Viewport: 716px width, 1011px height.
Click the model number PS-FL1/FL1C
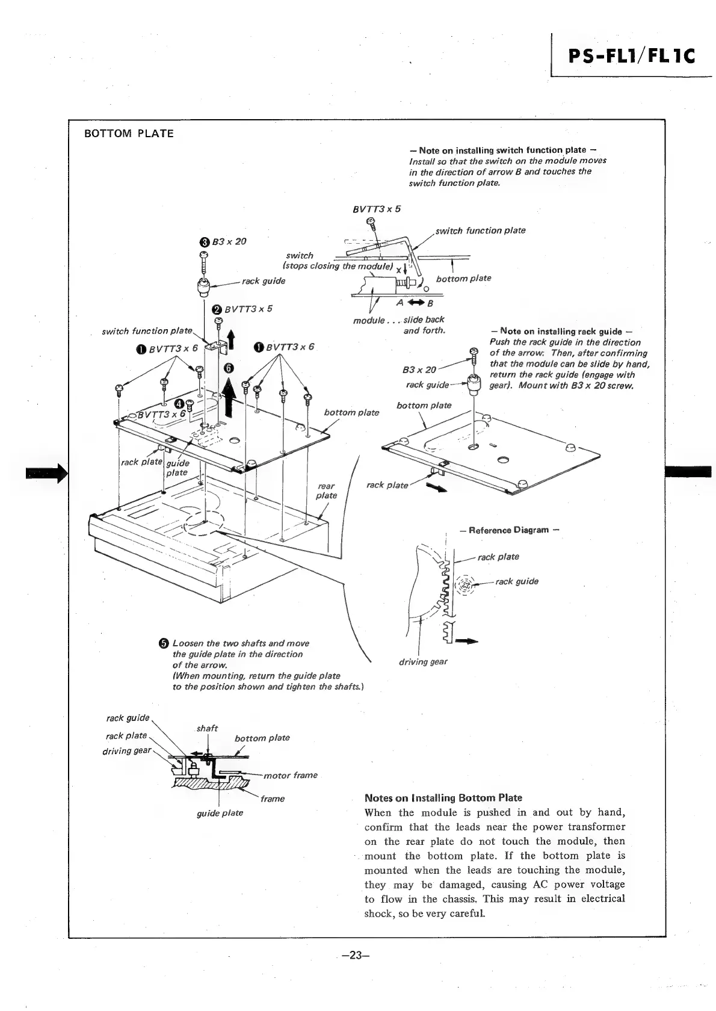(631, 56)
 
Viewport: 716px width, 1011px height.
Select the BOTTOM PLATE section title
(129, 134)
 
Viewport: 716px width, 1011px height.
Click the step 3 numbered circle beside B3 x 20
(204, 242)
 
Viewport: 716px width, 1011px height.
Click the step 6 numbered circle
(228, 368)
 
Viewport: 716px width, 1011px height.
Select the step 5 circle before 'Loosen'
(164, 644)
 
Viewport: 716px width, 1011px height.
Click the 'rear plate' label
(327, 490)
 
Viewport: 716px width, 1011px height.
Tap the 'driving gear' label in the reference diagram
(423, 662)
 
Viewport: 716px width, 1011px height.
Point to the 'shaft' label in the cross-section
(207, 728)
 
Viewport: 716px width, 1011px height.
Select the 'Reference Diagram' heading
(509, 530)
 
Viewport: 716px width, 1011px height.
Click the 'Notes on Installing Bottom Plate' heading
(443, 798)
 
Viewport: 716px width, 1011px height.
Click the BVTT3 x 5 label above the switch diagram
(376, 209)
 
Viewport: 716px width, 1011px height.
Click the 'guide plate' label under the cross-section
(220, 813)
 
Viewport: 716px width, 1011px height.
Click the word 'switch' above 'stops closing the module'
(300, 256)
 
